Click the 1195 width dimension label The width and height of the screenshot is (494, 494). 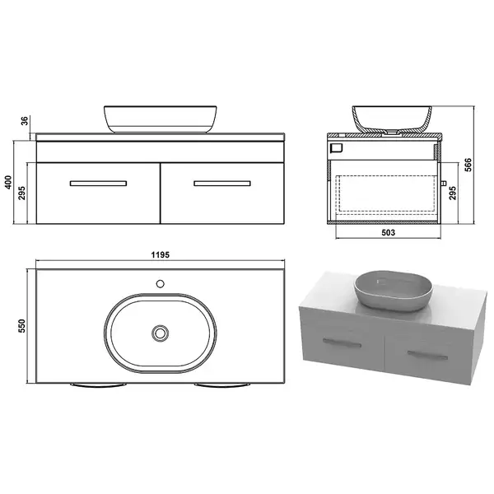click(160, 254)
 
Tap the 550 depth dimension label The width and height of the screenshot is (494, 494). click(21, 326)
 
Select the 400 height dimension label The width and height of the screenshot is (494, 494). click(8, 182)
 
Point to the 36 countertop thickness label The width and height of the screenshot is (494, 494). click(25, 121)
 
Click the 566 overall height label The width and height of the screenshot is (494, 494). click(468, 165)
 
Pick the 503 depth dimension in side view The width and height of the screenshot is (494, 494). click(388, 232)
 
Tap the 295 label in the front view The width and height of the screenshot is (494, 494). click(21, 193)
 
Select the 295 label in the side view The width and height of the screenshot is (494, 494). click(452, 193)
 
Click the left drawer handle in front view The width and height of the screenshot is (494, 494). click(98, 184)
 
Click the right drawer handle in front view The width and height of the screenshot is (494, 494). click(222, 184)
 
